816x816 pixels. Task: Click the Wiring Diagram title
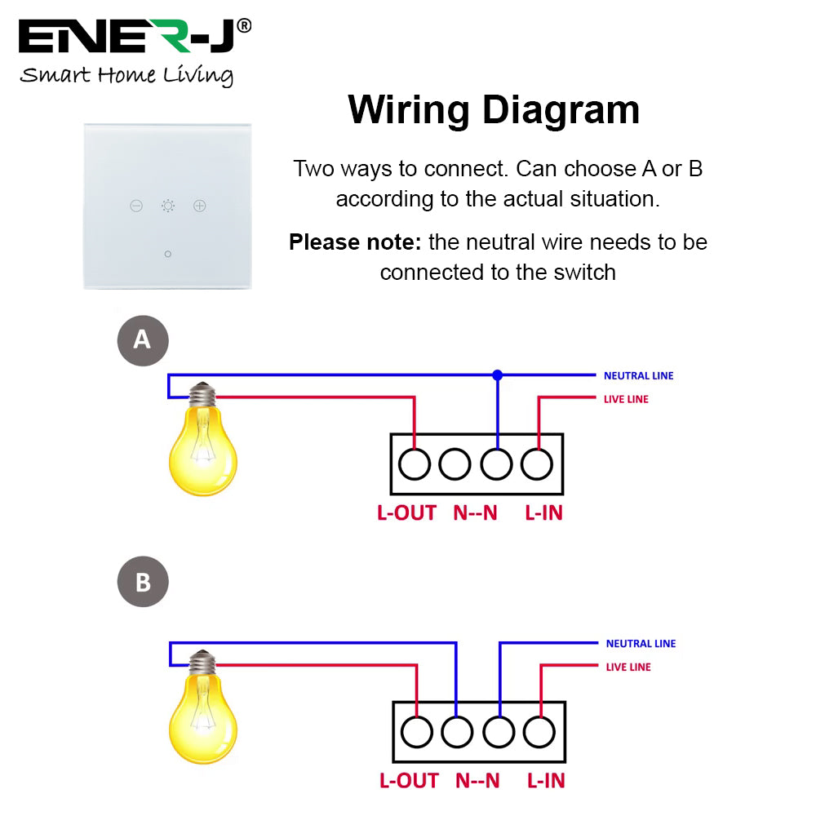tap(494, 110)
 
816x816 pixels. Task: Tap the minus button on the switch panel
tap(136, 206)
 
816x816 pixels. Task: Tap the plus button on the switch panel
tap(200, 206)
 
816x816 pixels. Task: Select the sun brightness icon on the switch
tap(168, 206)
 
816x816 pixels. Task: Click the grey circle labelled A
tap(143, 339)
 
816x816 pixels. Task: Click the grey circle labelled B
tap(143, 583)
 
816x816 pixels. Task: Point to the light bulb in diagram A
tap(202, 445)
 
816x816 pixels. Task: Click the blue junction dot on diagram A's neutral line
tap(497, 375)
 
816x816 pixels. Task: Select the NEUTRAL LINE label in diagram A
tap(638, 376)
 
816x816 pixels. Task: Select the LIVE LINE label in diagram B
tap(628, 667)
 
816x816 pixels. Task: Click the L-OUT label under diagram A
tap(406, 513)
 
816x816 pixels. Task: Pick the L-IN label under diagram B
tap(546, 781)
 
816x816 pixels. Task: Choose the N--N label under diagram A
tap(475, 513)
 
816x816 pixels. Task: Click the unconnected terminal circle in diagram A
tap(455, 464)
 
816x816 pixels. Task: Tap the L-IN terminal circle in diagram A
tap(536, 464)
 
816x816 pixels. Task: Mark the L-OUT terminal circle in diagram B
tap(417, 732)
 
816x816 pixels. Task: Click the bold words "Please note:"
tap(356, 242)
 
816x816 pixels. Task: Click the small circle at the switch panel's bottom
tap(168, 254)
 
